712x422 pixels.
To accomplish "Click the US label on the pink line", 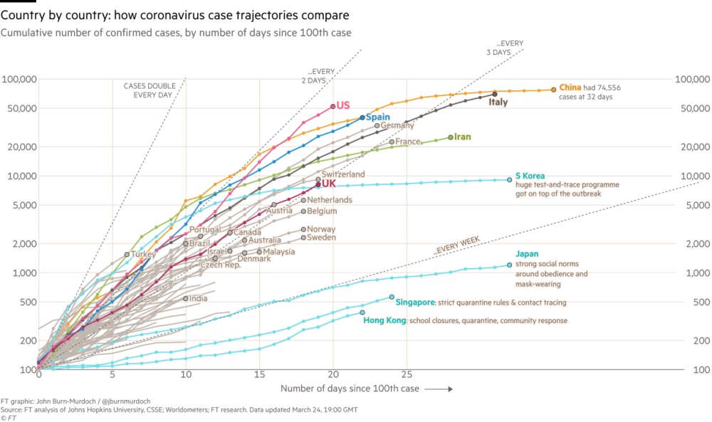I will [343, 105].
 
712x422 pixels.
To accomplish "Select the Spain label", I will [377, 117].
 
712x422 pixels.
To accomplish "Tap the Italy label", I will [498, 102].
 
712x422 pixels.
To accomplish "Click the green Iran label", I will [463, 137].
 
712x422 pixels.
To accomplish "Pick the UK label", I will [329, 184].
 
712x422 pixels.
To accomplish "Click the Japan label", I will [526, 254].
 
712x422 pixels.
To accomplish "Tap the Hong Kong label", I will [384, 321].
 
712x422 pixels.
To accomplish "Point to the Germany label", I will [397, 126].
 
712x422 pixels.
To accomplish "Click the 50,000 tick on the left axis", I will [21, 109].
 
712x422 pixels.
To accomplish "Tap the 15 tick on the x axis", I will [259, 373].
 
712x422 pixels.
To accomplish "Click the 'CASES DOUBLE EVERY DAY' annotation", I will [148, 89].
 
